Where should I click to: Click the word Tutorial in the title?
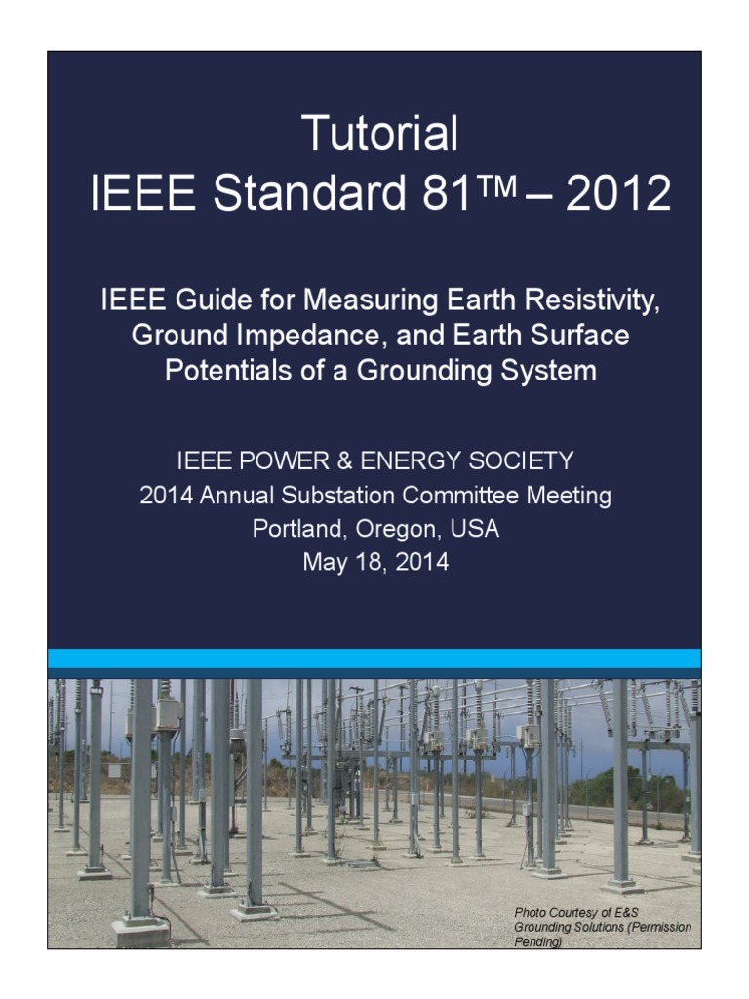(379, 134)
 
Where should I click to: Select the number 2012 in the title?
(617, 194)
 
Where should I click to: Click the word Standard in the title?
(308, 194)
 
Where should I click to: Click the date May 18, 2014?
(375, 563)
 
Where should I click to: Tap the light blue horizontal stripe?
(374, 659)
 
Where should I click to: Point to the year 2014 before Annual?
(167, 496)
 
